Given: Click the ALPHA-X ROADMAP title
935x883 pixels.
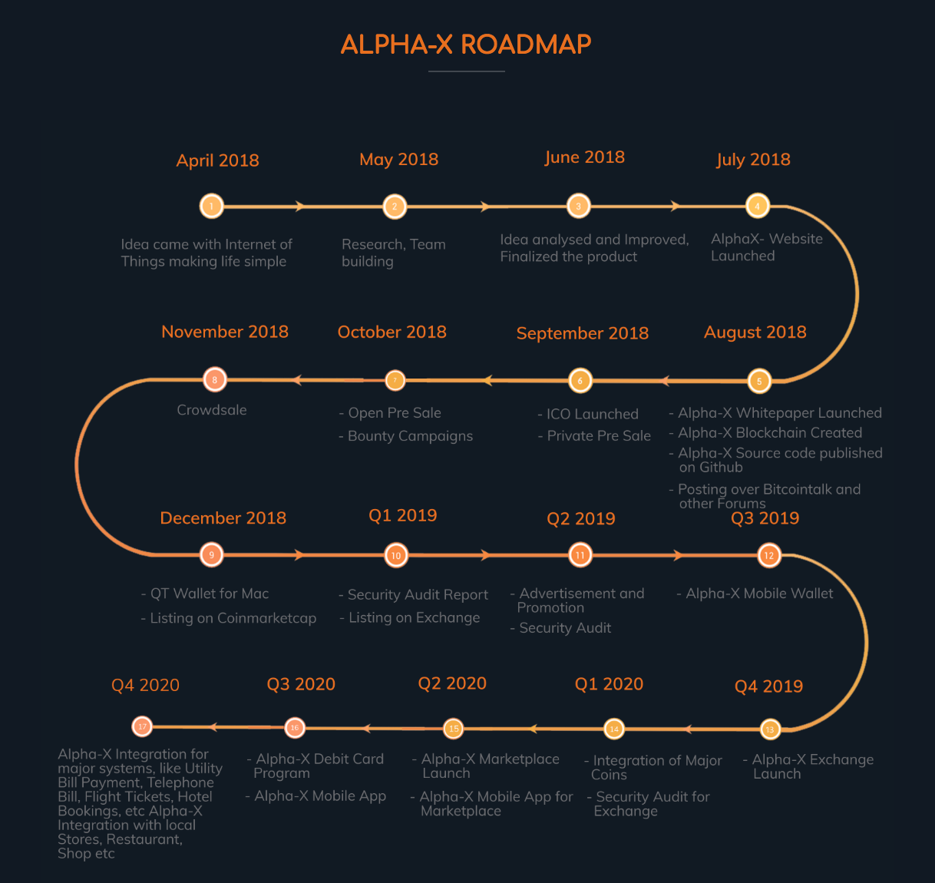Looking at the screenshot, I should coord(466,45).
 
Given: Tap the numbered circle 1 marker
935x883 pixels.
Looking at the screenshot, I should coord(211,206).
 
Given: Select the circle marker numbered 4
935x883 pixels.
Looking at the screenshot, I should coord(757,206).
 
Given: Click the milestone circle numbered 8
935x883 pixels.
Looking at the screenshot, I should coord(215,379).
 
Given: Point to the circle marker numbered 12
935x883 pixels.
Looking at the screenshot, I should coord(768,555).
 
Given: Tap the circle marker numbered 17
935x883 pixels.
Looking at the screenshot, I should coord(142,726).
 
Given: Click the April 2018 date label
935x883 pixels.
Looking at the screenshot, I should coord(217,160).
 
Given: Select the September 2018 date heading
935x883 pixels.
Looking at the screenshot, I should coord(582,333).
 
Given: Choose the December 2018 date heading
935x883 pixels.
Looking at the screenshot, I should coord(223,518).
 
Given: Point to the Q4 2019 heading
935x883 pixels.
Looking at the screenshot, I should coord(768,686).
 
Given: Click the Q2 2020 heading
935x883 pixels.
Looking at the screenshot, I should coord(452,683).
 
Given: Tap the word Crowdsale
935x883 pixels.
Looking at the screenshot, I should coord(212,410).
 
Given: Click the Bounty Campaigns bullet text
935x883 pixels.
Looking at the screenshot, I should coord(410,436).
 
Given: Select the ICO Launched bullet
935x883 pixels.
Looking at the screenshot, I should coord(592,414).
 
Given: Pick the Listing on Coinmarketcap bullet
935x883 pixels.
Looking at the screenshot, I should coord(233,618).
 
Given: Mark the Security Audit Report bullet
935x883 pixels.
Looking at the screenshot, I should coord(418,594).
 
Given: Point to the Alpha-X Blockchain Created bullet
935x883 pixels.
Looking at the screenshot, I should coord(769,433).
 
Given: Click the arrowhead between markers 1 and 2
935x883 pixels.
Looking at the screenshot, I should coord(301,206).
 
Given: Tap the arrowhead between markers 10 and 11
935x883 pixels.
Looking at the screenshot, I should coord(485,555).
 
